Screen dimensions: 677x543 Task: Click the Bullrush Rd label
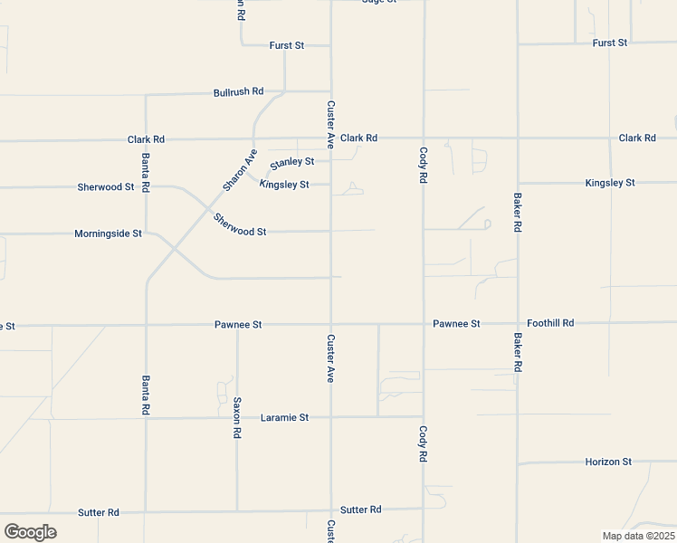coord(238,91)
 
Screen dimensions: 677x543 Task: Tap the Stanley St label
coord(291,162)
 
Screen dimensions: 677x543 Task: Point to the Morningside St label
coord(108,233)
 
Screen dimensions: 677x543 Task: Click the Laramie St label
coord(284,418)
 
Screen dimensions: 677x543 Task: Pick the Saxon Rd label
coord(237,417)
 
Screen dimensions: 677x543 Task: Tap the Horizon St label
coord(608,462)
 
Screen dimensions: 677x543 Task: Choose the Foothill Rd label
coord(550,323)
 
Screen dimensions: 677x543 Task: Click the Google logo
coord(30,532)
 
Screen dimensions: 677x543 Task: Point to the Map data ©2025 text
coord(637,536)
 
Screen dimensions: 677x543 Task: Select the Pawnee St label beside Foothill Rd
coord(456,323)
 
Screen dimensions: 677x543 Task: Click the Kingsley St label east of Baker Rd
coord(610,183)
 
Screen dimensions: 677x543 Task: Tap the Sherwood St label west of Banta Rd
coord(106,187)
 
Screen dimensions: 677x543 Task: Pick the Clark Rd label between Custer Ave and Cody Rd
coord(358,138)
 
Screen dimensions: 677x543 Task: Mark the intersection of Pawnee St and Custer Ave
coord(331,324)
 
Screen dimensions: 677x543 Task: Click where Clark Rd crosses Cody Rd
coord(424,138)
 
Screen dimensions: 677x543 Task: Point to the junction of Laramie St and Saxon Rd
coord(237,418)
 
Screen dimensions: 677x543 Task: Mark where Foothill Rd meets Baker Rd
coord(518,323)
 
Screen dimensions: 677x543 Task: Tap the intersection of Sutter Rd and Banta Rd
coord(146,511)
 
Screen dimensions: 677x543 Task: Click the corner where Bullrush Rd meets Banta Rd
coord(146,93)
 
